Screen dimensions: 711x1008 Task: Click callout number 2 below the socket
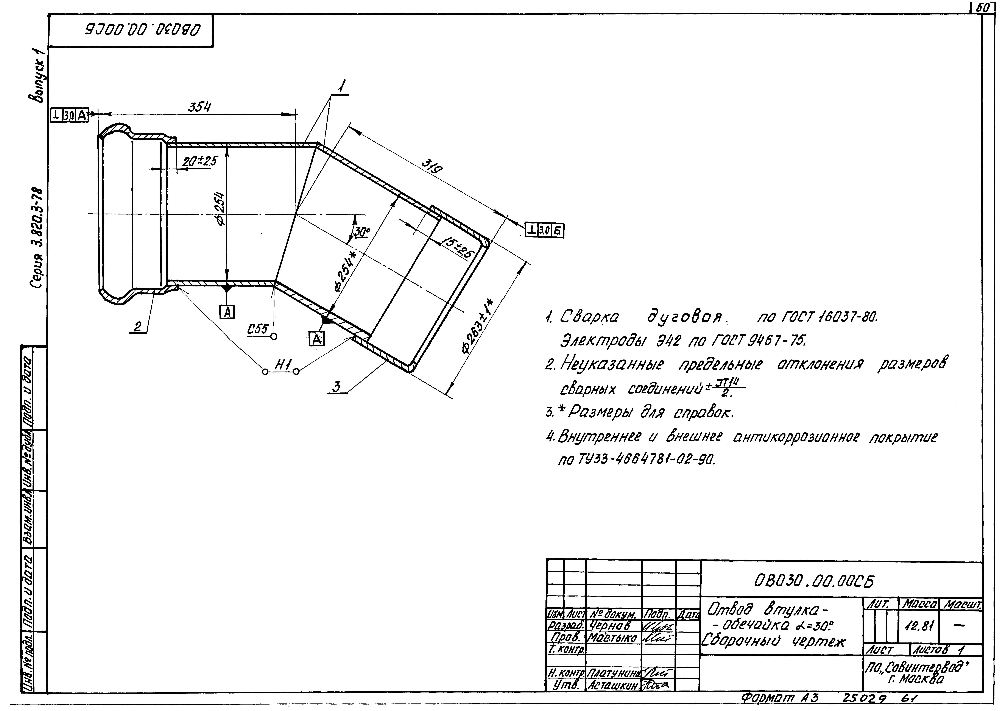[x=138, y=327]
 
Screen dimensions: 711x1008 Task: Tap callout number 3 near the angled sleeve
[x=337, y=387]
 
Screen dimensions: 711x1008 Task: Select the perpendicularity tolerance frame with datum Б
[x=544, y=230]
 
